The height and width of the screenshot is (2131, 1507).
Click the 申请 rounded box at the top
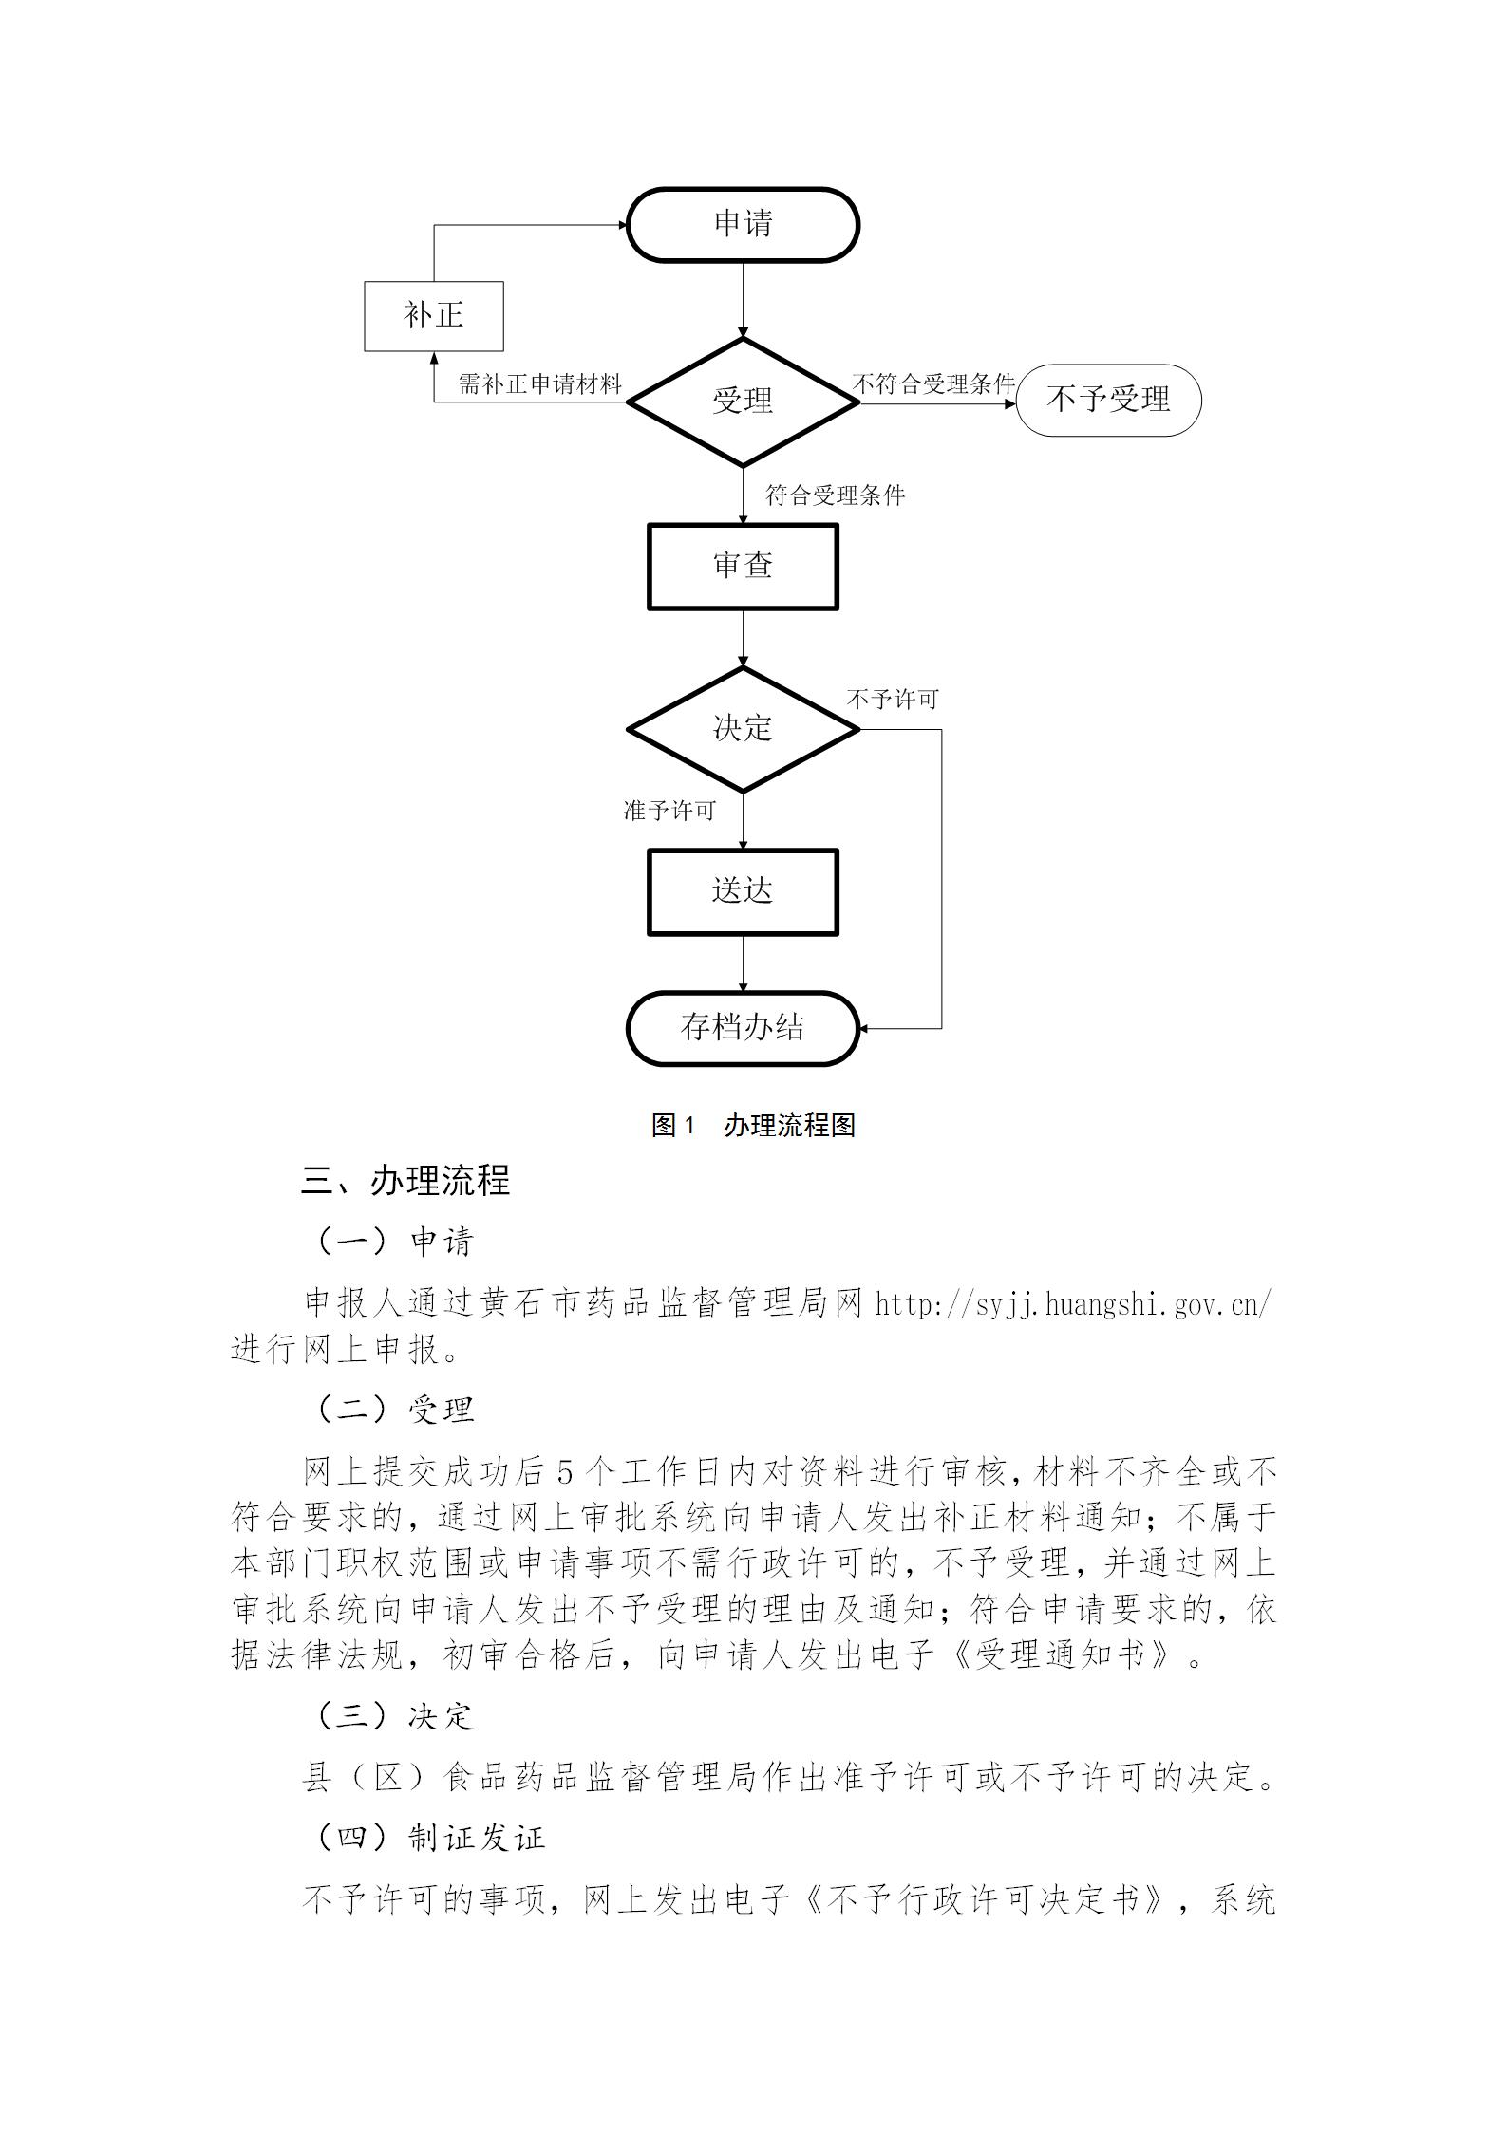point(743,225)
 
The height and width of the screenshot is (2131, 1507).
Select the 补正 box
point(434,316)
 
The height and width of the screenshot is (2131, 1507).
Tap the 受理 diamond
point(744,402)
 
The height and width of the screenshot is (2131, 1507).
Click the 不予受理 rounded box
point(1108,401)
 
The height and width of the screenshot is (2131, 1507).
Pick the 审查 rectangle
point(743,567)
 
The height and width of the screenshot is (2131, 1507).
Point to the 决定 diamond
point(744,729)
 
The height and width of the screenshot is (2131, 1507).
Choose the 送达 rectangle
point(743,892)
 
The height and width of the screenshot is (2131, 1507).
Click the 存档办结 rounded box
point(743,1029)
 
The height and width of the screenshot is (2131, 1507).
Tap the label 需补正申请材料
point(539,384)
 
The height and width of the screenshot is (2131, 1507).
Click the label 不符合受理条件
point(934,384)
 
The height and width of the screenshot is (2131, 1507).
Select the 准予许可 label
point(669,811)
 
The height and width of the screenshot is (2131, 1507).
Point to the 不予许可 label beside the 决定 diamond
point(893,700)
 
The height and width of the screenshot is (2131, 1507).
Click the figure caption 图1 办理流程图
point(753,1126)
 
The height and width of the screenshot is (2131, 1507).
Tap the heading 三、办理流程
point(405,1181)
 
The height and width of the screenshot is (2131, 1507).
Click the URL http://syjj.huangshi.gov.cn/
point(1073,1304)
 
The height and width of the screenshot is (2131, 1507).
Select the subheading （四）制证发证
point(428,1838)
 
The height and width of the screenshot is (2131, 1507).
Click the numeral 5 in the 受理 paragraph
point(565,1472)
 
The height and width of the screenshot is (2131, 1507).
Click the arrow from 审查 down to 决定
point(744,639)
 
